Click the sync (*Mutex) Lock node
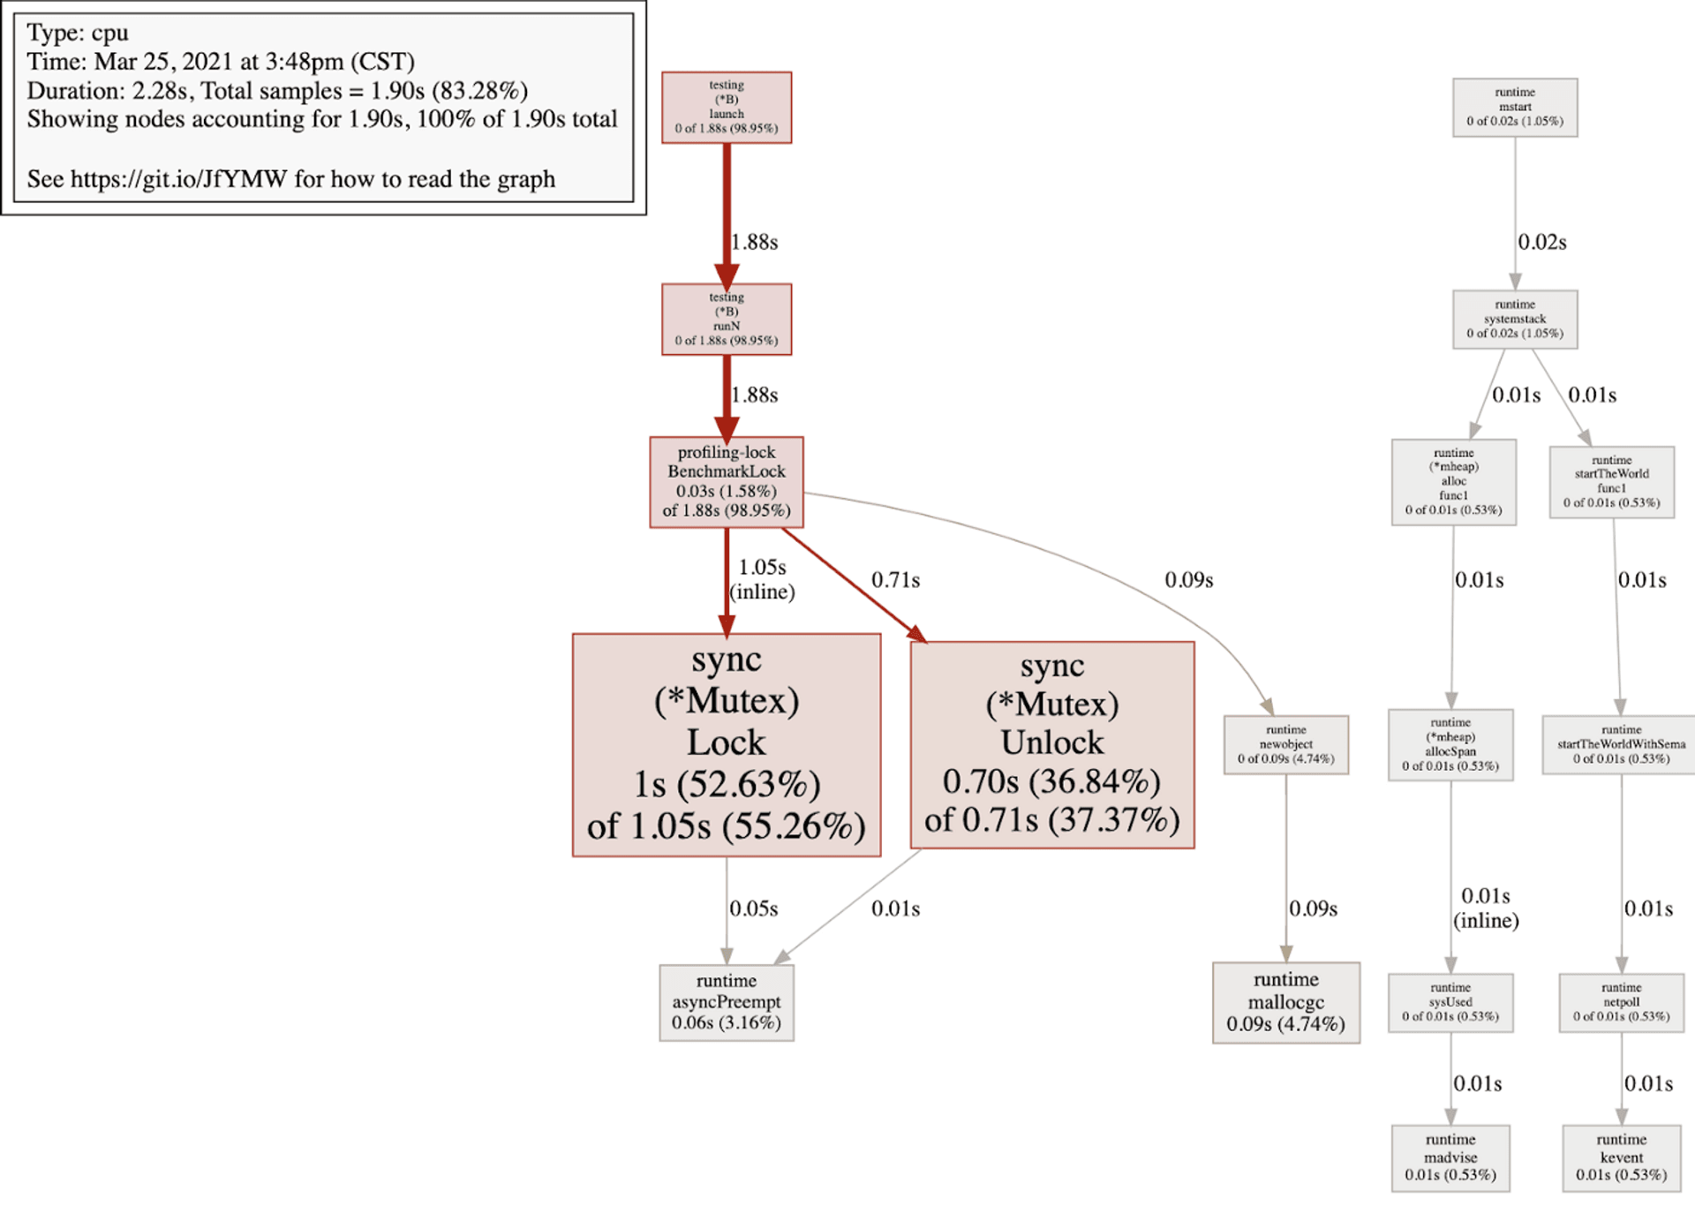pyautogui.click(x=726, y=744)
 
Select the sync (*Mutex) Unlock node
pyautogui.click(x=1051, y=744)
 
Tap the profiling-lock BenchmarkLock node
pyautogui.click(x=726, y=482)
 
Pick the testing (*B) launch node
pyautogui.click(x=726, y=107)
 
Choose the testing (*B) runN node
pyautogui.click(x=726, y=319)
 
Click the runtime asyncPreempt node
pyautogui.click(x=726, y=1002)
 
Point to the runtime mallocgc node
pyautogui.click(x=1285, y=1002)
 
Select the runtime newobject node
pyautogui.click(x=1285, y=744)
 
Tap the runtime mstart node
pyautogui.click(x=1514, y=107)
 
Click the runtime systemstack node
pyautogui.click(x=1514, y=319)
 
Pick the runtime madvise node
pyautogui.click(x=1450, y=1157)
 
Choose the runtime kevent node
pyautogui.click(x=1621, y=1157)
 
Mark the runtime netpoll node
pyautogui.click(x=1621, y=1002)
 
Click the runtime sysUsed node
pyautogui.click(x=1450, y=1002)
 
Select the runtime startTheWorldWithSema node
pyautogui.click(x=1621, y=744)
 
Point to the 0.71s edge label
pyautogui.click(x=895, y=580)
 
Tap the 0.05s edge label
pyautogui.click(x=753, y=908)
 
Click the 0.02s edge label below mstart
pyautogui.click(x=1541, y=242)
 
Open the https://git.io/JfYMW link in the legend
pyautogui.click(x=178, y=179)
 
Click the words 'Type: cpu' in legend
pyautogui.click(x=78, y=33)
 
